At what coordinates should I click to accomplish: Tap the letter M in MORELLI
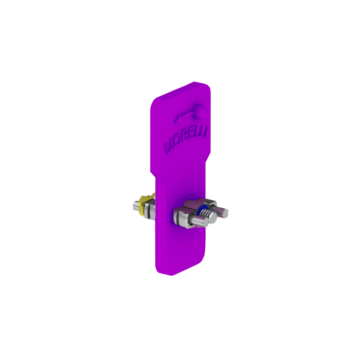[169, 147]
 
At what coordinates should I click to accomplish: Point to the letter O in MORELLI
[176, 143]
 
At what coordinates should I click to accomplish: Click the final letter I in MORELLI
[206, 131]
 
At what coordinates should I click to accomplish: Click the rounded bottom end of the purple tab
[170, 273]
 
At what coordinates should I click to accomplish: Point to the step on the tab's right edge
[208, 157]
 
